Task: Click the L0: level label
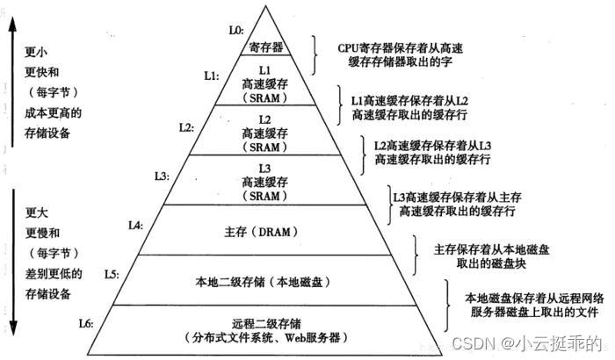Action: (235, 30)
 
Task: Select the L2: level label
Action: (186, 126)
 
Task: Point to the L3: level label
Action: (162, 176)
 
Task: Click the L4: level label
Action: (134, 225)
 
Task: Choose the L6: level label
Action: (86, 323)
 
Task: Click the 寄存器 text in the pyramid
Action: (266, 45)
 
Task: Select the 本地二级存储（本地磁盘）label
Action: (269, 281)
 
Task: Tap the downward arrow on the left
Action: (12, 263)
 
